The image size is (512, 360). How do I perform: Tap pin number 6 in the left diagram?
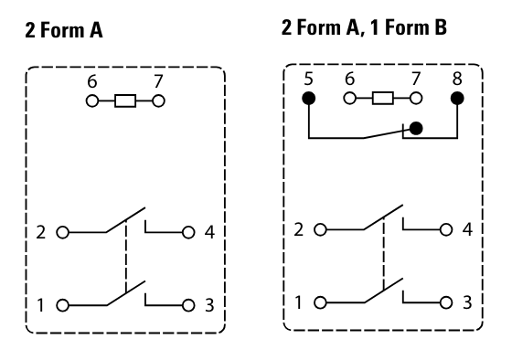point(91,81)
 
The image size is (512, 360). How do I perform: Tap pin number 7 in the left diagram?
point(158,81)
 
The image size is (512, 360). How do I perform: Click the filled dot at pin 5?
point(309,99)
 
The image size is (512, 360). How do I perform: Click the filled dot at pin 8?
point(457,99)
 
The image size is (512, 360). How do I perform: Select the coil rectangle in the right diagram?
point(384,99)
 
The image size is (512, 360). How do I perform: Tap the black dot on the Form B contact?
point(416,129)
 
